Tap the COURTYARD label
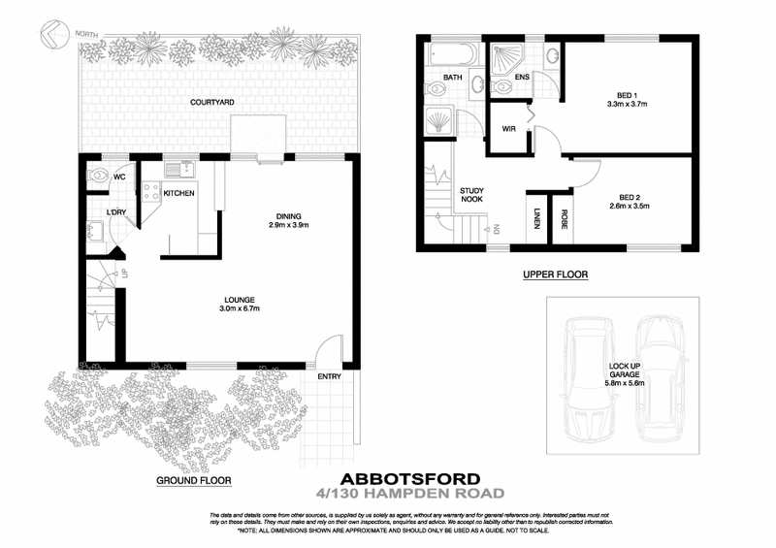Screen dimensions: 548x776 tap(212, 101)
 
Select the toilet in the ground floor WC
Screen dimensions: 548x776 tap(99, 177)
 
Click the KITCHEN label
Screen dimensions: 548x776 tap(179, 194)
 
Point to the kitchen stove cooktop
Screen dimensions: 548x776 tap(151, 191)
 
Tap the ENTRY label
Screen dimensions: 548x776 tap(330, 376)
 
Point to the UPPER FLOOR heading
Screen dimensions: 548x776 tap(555, 274)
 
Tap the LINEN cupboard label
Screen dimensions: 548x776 tap(536, 221)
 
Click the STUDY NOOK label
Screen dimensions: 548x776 tap(471, 196)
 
